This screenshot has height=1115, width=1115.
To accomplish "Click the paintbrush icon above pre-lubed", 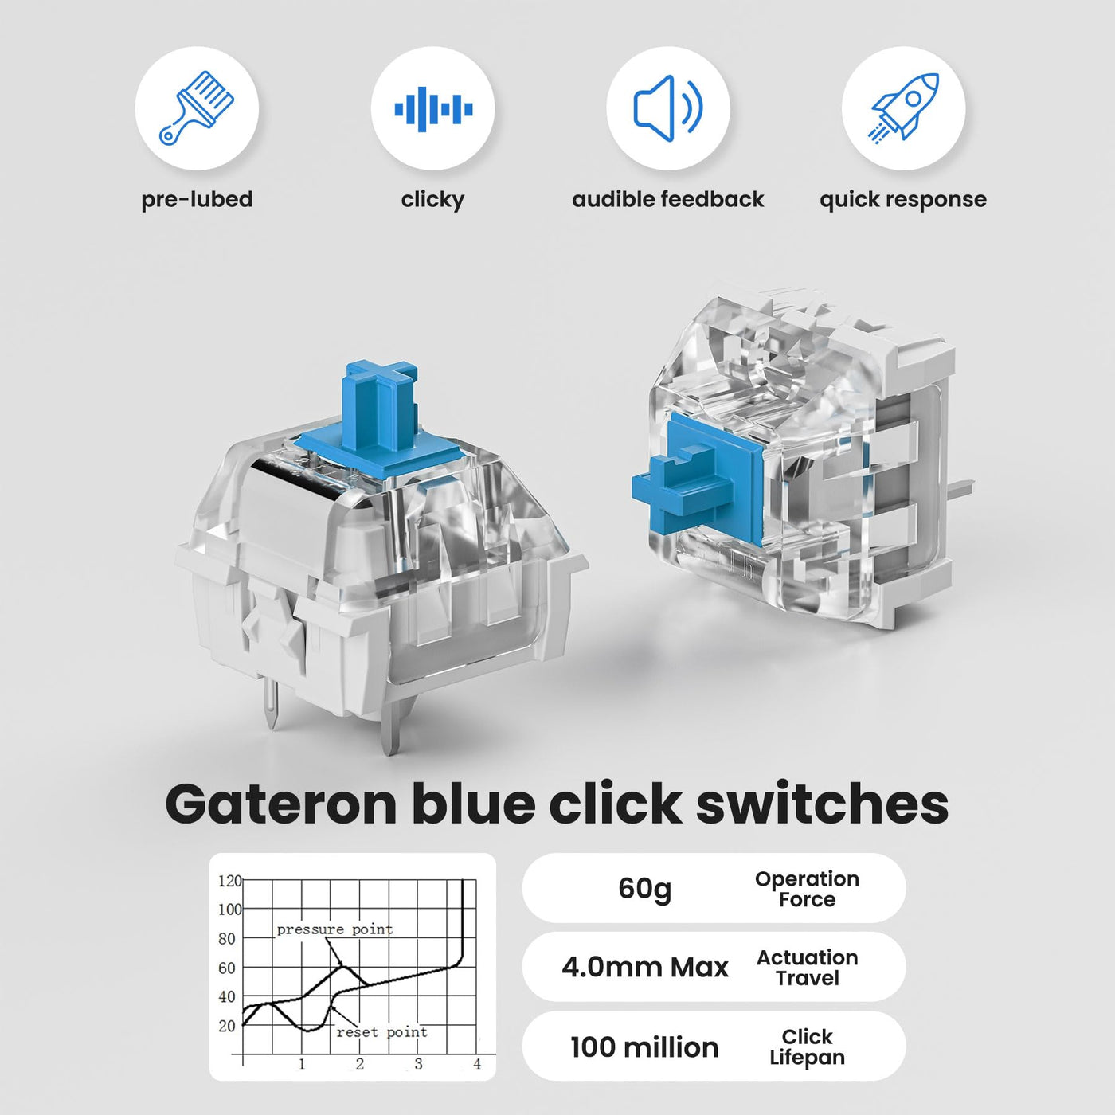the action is pos(196,108).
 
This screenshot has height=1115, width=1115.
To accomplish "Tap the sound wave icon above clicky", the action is pos(433,109).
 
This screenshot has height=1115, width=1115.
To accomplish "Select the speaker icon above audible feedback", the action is pos(667,108).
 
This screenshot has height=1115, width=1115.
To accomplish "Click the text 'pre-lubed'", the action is pos(198,200).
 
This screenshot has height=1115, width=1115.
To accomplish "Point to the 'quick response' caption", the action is pos(903,200).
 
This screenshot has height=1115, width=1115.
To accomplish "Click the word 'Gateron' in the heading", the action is pos(281,805).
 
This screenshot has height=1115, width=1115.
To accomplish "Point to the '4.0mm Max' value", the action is pos(644,968).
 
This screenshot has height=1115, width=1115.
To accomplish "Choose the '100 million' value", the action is pos(644,1047).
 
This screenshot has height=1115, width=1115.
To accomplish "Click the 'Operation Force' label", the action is pos(807,889).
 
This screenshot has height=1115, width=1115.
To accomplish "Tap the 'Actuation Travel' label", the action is pos(807,968).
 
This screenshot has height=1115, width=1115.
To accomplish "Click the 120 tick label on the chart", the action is pos(229,881).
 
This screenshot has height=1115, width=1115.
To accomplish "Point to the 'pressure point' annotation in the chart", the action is pos(334,930).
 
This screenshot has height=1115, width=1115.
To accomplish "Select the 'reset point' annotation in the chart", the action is pos(382,1032).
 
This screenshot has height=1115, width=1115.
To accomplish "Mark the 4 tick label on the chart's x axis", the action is pos(477,1063).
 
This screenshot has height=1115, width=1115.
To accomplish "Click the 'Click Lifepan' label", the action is pos(807,1047).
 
